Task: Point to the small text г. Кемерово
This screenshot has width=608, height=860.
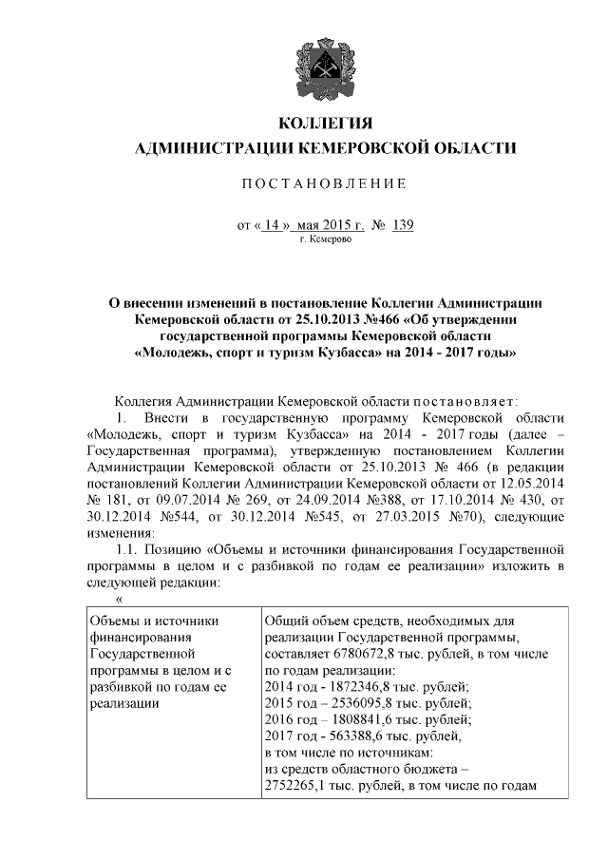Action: (326, 241)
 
